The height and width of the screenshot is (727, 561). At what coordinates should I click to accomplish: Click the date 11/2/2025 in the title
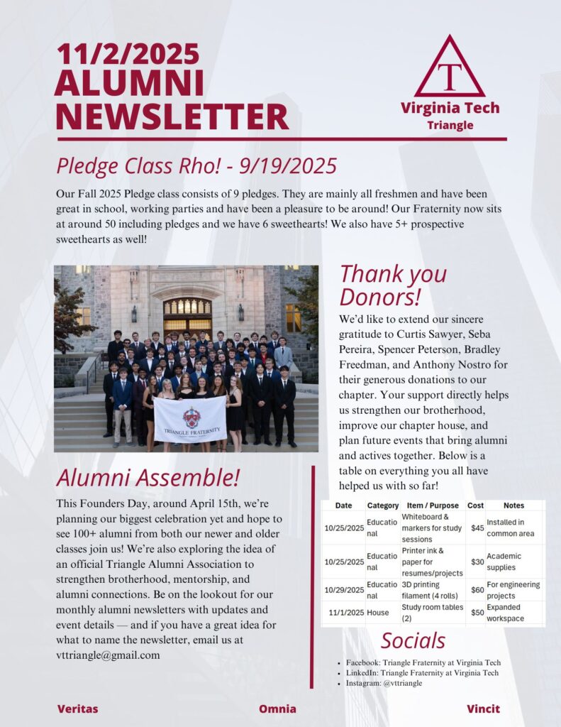coord(128,54)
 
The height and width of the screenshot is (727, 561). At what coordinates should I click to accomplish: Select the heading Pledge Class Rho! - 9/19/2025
coord(196,166)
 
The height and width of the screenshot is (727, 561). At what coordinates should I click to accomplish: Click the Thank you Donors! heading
coord(393,284)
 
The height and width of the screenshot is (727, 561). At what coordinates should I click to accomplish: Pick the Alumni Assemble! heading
coord(148,476)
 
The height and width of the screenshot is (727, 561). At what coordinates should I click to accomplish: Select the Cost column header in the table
coord(476,505)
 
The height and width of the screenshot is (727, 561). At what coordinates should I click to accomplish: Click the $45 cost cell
coord(477,528)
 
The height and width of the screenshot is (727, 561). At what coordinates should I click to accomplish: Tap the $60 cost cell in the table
coord(477,590)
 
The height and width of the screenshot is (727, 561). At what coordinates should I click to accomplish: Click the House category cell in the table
coord(378,612)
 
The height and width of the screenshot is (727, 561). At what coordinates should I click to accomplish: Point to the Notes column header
coord(513,505)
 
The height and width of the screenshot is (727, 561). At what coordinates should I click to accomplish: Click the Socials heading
coord(413,640)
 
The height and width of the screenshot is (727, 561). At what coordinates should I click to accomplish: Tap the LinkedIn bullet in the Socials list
coord(422,673)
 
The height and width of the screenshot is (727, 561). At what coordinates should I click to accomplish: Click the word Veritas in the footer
coord(77,709)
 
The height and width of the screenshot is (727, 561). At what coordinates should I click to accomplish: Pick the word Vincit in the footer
coord(483,709)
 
